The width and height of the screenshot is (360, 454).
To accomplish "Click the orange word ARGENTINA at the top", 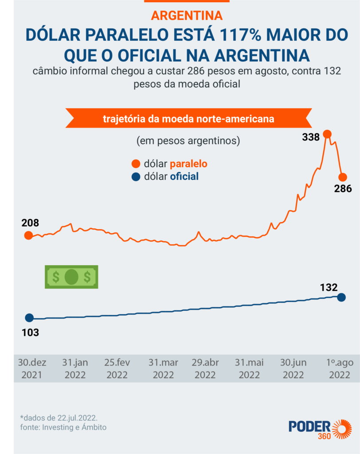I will [x=187, y=16].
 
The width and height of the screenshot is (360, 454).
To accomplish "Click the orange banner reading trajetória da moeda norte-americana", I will [x=188, y=119].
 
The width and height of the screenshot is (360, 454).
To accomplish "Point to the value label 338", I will [x=311, y=137].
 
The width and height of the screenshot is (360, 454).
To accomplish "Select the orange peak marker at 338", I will [x=327, y=134].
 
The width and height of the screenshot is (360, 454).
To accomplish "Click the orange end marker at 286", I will [x=343, y=176].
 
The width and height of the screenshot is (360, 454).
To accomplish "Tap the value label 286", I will [x=342, y=188].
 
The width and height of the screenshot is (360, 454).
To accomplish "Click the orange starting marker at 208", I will [x=28, y=235].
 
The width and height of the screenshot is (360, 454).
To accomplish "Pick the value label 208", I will [x=30, y=223].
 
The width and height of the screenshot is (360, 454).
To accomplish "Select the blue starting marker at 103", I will [x=29, y=317].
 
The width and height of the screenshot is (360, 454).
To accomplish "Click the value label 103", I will [x=30, y=332].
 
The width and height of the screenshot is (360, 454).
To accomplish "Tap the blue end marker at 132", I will [x=341, y=297].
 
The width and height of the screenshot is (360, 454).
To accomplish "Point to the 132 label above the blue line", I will [x=329, y=287].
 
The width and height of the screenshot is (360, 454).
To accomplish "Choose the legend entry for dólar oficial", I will [x=166, y=176].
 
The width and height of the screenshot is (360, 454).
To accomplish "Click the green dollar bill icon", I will [x=71, y=277].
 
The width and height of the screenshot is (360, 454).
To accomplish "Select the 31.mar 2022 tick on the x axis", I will [x=163, y=368].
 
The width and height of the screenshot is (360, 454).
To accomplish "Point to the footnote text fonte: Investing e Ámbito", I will [x=63, y=427].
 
